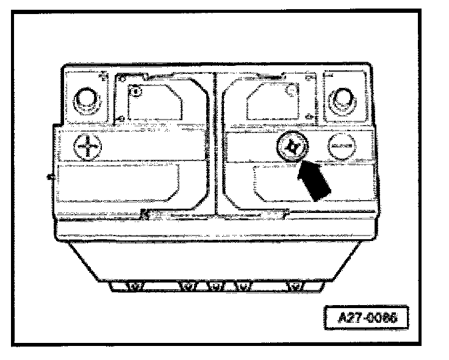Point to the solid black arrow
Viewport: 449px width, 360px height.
(314, 182)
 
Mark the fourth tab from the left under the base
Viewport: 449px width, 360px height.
(244, 285)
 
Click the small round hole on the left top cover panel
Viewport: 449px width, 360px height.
(136, 92)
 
